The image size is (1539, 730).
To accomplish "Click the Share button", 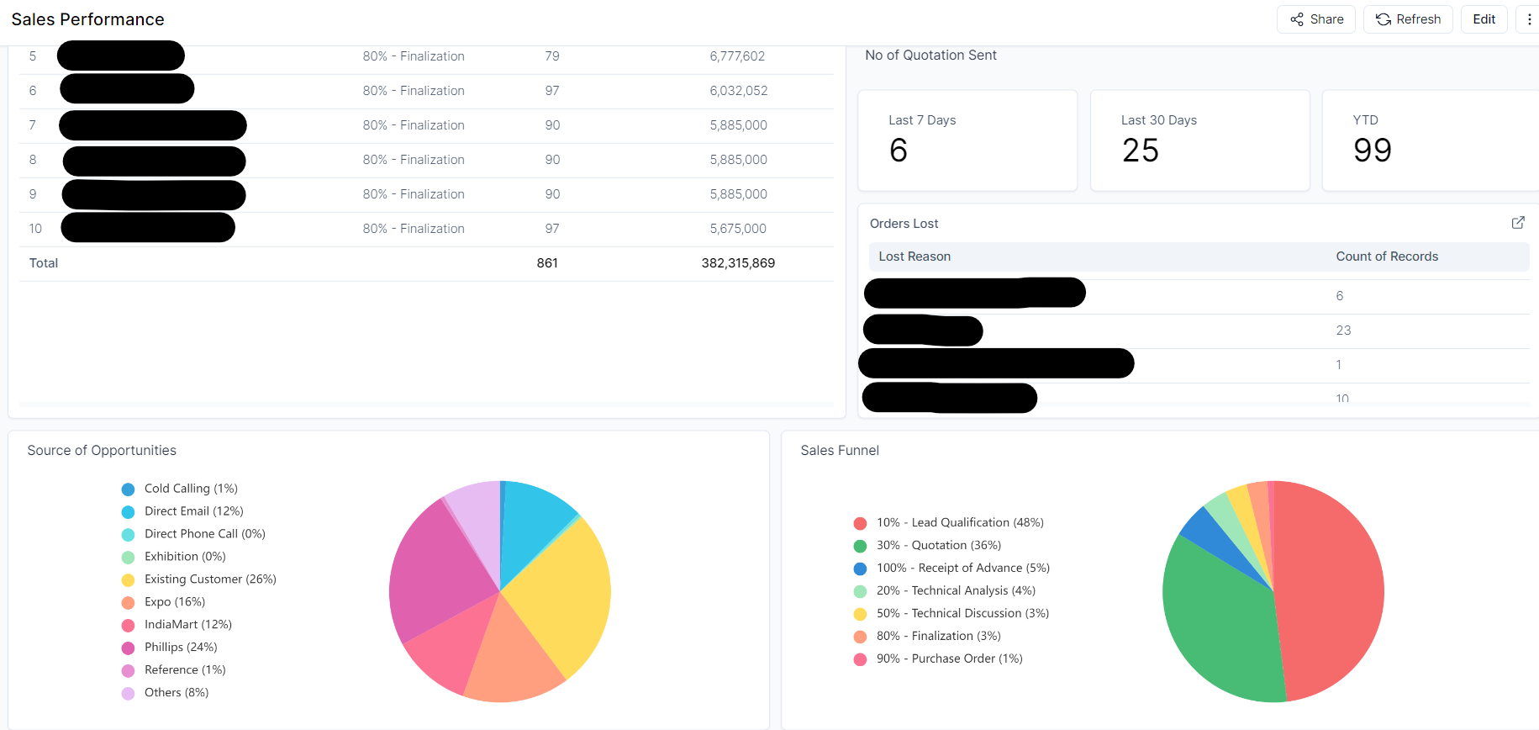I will pyautogui.click(x=1316, y=19).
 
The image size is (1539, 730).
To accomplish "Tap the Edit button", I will pyautogui.click(x=1484, y=19).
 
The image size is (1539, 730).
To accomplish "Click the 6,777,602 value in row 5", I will pyautogui.click(x=737, y=56).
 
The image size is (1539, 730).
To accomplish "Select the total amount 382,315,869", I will pyautogui.click(x=738, y=263).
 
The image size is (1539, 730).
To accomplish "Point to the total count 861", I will pyautogui.click(x=547, y=263).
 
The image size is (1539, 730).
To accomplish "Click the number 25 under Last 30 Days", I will pyautogui.click(x=1141, y=151).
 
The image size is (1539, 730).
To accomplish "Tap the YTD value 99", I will pyautogui.click(x=1373, y=151).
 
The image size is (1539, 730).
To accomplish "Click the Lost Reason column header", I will pyautogui.click(x=914, y=257).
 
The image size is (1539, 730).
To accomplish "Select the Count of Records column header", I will pyautogui.click(x=1387, y=257).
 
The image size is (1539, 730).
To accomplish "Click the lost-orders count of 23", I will pyautogui.click(x=1343, y=331).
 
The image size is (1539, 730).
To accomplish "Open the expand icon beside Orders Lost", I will pyautogui.click(x=1518, y=223).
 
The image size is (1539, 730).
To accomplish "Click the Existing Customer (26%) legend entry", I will pyautogui.click(x=209, y=579).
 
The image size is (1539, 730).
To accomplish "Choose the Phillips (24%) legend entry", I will pyautogui.click(x=180, y=648).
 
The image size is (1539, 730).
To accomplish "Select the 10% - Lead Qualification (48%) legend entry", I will pyautogui.click(x=959, y=523).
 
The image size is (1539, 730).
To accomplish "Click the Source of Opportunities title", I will pyautogui.click(x=102, y=451).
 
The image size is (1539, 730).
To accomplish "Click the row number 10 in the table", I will pyautogui.click(x=35, y=229).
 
